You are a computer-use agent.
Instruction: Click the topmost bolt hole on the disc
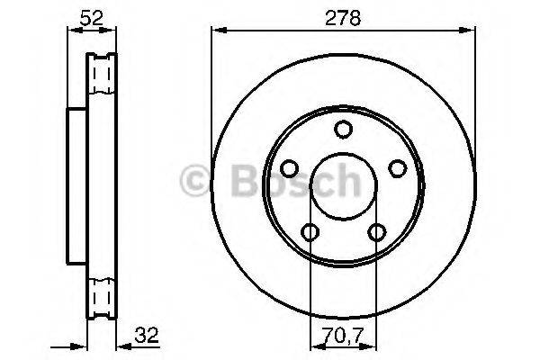coord(342,130)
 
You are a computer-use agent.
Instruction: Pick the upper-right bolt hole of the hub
coord(394,168)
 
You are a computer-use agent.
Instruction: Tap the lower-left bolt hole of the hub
coord(310,232)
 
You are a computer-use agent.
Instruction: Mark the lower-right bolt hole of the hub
coord(374,232)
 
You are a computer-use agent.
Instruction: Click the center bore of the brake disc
coord(342,186)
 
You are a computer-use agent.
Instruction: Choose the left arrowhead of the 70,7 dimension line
coord(314,346)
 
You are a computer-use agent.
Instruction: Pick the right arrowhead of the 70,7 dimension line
coord(371,346)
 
